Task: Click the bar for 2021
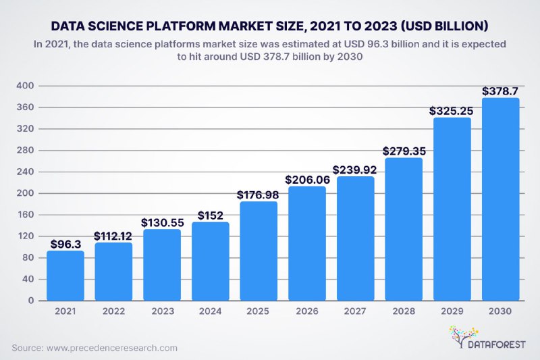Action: (65, 276)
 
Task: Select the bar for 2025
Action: (259, 251)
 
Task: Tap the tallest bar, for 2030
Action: (500, 199)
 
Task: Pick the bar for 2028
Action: (404, 229)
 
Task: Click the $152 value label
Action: (211, 215)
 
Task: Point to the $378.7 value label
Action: (500, 91)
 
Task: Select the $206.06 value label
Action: (307, 180)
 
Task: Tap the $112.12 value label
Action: (113, 236)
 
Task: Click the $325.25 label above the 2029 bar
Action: (451, 111)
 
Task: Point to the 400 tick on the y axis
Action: (25, 85)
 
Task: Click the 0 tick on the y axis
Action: (31, 301)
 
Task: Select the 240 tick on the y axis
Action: (25, 172)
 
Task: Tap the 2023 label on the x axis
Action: (163, 311)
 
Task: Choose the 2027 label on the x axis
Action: (355, 311)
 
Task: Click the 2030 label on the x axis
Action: (500, 311)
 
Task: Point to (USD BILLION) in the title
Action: (445, 26)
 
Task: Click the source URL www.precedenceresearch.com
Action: (112, 348)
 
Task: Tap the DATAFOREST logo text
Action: (496, 344)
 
